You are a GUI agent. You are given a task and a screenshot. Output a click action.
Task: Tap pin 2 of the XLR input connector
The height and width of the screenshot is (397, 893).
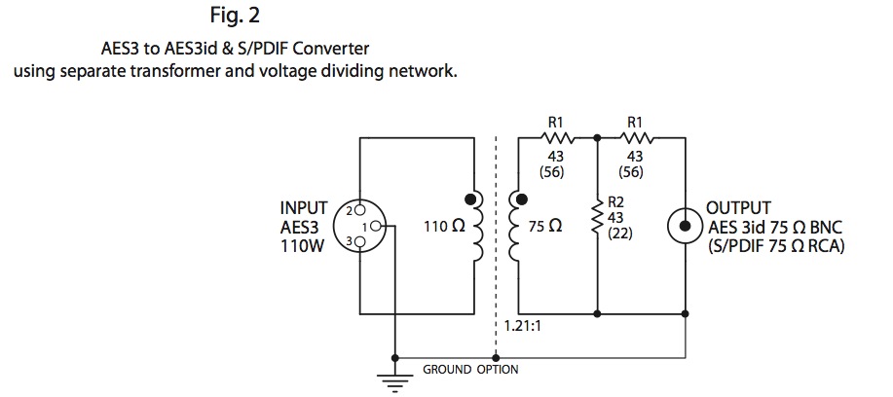pos(359,209)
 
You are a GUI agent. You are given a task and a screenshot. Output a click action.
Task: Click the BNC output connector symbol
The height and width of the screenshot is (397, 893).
pos(687,225)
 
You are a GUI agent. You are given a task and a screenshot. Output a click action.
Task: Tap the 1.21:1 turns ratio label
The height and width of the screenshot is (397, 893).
pos(522,328)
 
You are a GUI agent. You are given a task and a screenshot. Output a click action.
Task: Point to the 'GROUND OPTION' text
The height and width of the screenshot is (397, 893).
pos(470,370)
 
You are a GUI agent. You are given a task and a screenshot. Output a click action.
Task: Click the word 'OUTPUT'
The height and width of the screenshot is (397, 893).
pos(738,208)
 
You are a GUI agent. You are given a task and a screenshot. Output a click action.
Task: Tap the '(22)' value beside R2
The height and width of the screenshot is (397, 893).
pos(620,235)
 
